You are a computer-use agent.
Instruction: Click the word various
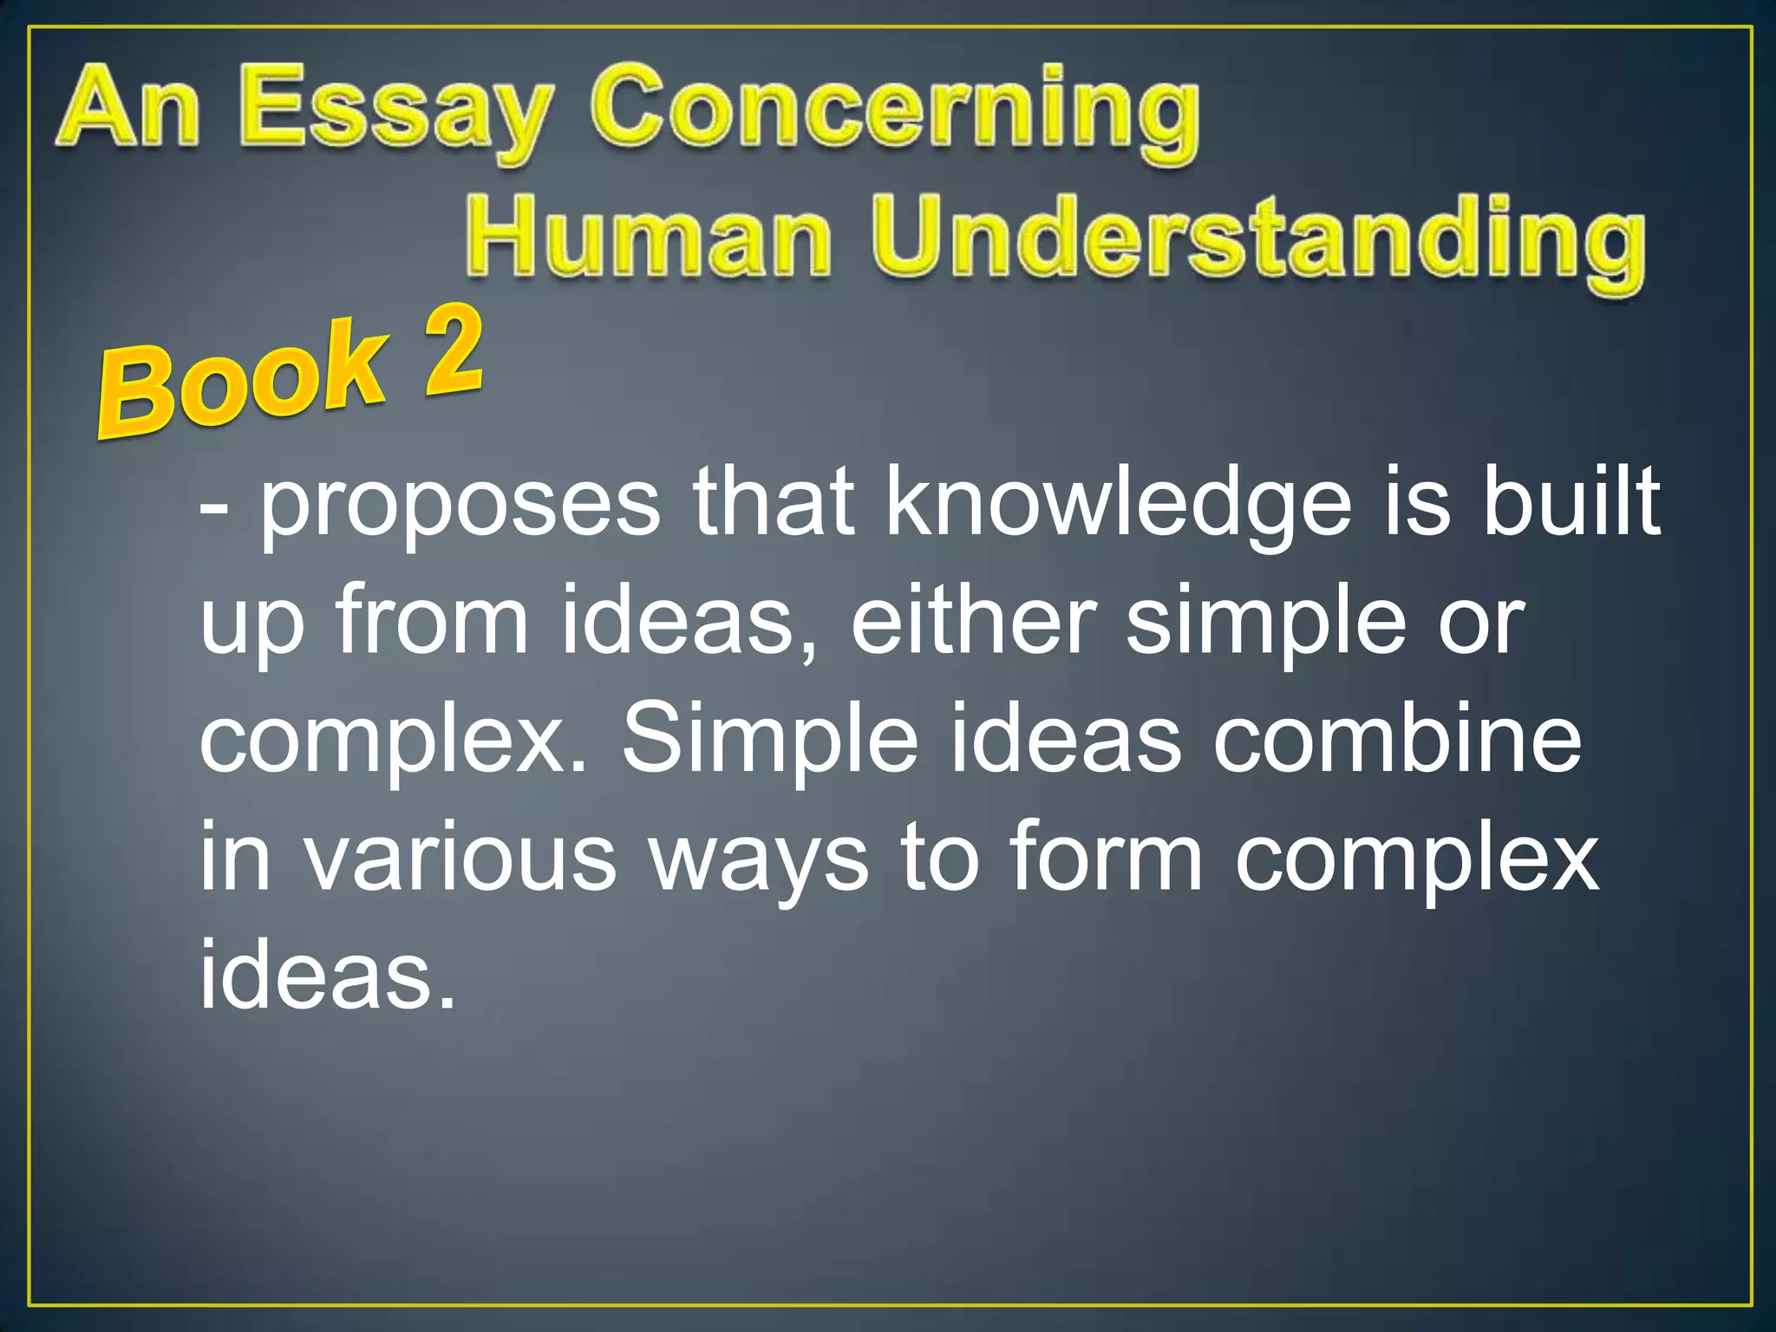point(461,859)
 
